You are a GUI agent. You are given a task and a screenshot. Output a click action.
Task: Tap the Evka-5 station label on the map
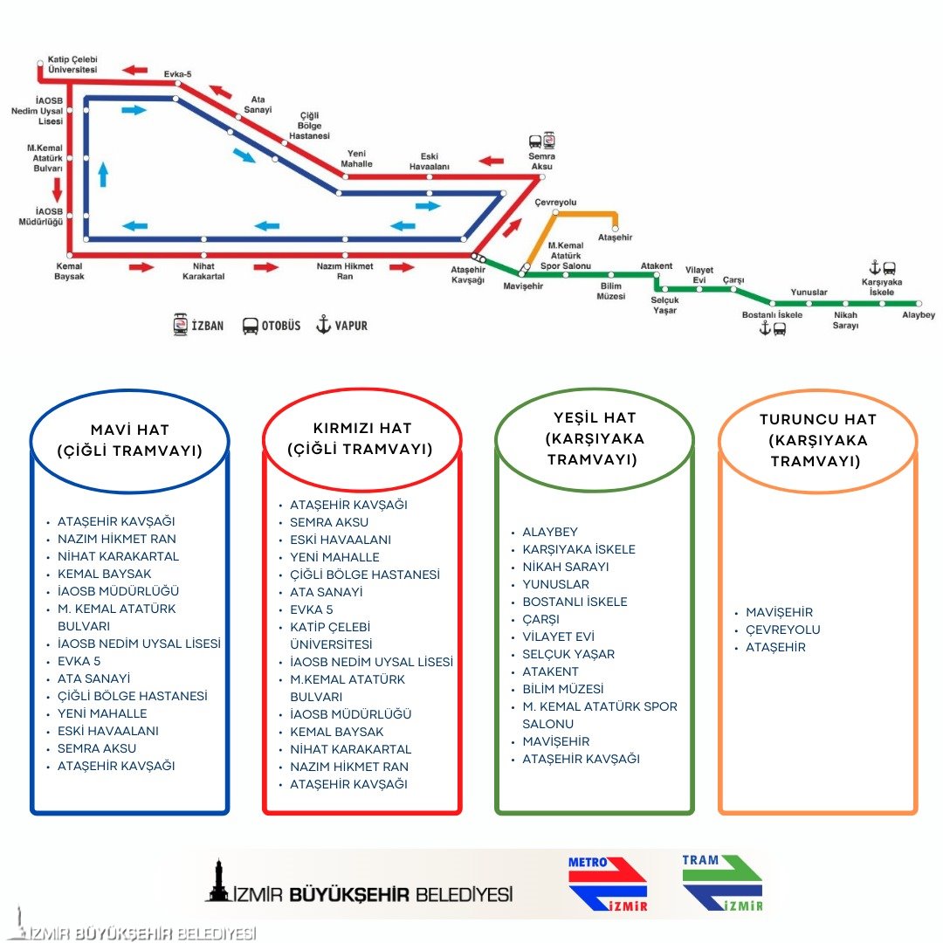coord(177,74)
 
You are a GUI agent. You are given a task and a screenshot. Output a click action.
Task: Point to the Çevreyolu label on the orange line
coord(555,203)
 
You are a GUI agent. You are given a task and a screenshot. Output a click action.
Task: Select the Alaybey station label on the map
coord(919,315)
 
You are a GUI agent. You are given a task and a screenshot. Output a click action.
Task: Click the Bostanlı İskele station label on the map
coord(772,314)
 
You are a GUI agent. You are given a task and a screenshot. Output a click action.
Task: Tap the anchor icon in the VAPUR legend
coord(323,325)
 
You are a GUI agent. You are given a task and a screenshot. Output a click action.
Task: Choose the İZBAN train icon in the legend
coord(181,325)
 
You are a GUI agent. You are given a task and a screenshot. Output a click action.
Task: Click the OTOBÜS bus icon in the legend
coord(251,326)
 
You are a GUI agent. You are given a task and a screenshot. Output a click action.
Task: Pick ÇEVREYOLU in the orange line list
coord(782,630)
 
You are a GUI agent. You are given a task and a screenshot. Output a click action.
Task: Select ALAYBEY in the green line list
coord(550,532)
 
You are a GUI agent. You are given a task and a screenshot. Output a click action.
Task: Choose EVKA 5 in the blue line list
coord(79,661)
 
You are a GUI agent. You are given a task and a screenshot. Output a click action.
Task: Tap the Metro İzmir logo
coord(608,884)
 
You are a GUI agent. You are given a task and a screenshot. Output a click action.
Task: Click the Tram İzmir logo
coord(722,883)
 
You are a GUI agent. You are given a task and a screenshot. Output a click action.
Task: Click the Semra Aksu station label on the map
coord(541,161)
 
